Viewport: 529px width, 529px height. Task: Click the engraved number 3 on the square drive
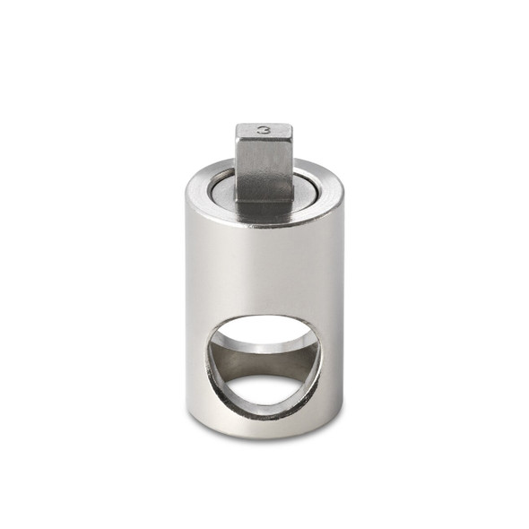coord(264,130)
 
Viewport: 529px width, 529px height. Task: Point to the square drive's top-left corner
coord(238,126)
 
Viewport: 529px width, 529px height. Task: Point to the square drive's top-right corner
coord(292,126)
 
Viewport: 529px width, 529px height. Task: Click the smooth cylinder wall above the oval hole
coord(264,269)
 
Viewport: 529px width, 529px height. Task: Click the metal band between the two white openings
coord(264,359)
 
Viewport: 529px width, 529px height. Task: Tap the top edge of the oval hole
coord(264,316)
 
